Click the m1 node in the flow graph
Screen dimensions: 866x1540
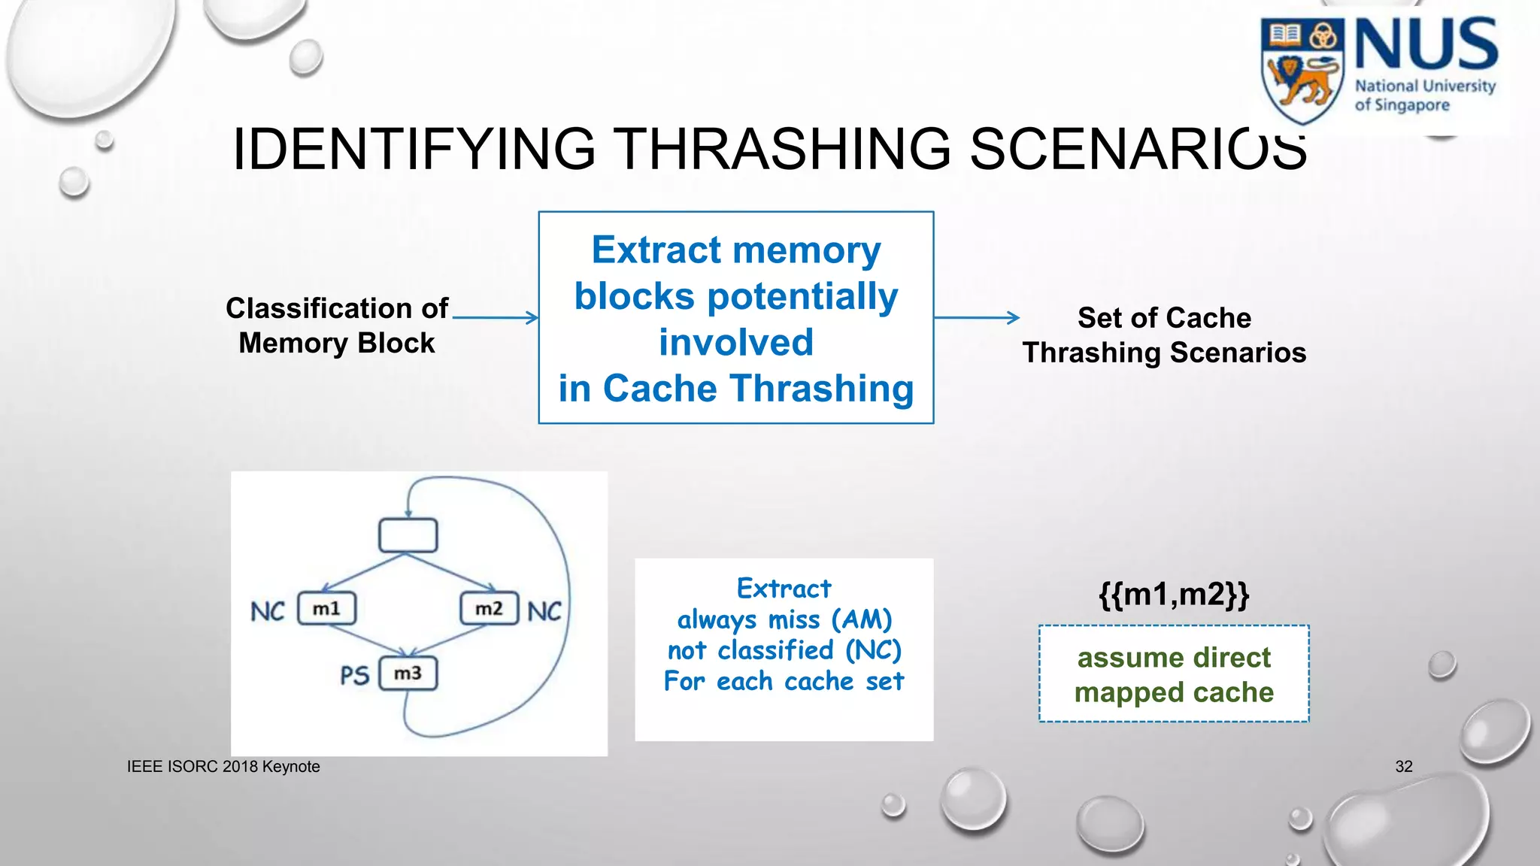point(326,608)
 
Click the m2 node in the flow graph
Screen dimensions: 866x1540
point(489,608)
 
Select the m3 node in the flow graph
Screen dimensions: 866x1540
point(408,673)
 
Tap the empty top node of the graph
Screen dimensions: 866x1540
point(408,535)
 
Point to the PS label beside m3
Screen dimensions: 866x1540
point(354,675)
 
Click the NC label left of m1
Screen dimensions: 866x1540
point(268,611)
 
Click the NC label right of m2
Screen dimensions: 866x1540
point(544,611)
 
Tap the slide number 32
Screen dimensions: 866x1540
point(1403,766)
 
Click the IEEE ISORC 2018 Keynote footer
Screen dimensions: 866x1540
point(223,766)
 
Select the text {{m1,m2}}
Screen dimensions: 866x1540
point(1173,594)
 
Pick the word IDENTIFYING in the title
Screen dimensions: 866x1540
point(414,149)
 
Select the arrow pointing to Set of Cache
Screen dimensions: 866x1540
point(976,317)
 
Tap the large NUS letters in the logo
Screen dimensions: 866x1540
point(1426,45)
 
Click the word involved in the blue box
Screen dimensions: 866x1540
point(735,342)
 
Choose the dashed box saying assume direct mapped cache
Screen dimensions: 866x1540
point(1173,674)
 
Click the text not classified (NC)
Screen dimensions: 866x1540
point(784,650)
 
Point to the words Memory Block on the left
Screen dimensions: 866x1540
point(336,343)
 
